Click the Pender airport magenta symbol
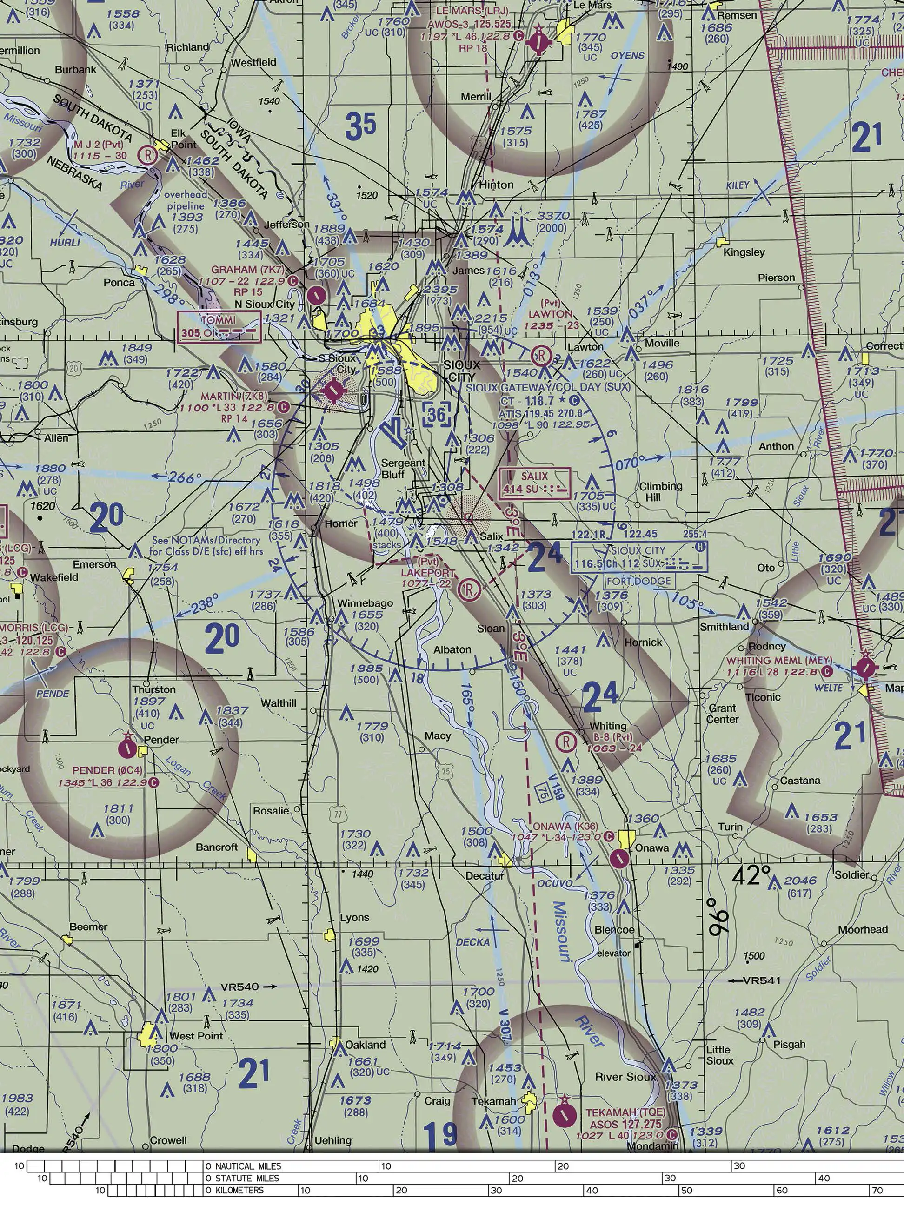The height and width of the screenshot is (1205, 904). coord(127,748)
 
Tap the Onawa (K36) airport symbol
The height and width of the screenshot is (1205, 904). coord(619,859)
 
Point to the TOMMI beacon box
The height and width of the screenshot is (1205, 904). coord(219,327)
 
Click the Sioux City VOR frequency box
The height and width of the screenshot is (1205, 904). coord(639,557)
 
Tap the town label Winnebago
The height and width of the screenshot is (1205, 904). coord(365,603)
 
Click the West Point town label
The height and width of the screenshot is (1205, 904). coord(196,1036)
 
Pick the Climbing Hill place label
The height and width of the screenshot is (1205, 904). coord(660,491)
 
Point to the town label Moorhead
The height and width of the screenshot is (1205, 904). coord(863,929)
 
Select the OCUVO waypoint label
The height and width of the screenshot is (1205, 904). coord(555,883)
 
